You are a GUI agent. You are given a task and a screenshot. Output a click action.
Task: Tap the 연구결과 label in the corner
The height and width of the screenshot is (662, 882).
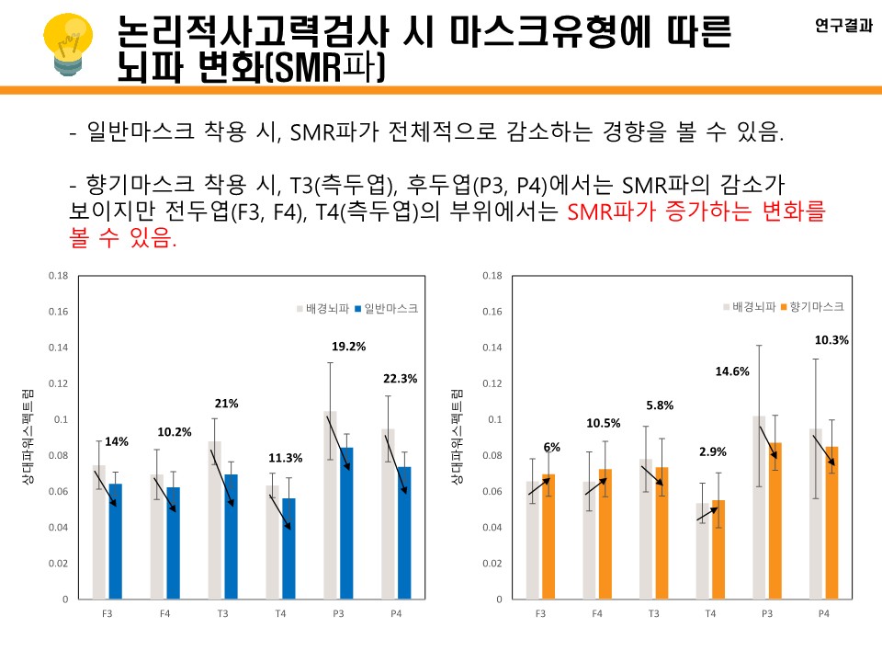843,27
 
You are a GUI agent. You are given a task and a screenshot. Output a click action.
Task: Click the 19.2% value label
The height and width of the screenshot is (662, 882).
349,347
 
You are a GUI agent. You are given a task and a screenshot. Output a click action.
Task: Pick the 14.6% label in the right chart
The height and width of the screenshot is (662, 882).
732,371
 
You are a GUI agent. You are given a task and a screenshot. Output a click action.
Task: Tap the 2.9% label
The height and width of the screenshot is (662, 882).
712,451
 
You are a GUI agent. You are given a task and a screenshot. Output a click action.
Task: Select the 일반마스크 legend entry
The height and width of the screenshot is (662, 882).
386,309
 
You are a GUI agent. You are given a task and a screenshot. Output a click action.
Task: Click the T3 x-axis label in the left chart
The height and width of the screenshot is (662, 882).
223,611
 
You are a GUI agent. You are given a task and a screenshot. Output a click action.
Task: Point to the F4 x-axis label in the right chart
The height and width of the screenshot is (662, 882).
597,611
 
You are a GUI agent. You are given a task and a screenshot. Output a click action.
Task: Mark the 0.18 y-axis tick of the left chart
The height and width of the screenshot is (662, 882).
59,276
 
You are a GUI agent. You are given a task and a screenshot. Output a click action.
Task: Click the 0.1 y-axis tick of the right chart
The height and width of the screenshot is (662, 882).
494,419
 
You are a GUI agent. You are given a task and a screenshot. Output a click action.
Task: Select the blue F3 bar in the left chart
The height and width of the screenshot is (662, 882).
115,541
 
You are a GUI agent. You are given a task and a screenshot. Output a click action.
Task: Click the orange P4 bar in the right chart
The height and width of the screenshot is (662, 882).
832,522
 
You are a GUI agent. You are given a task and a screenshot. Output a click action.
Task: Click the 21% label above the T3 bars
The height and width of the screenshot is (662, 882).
227,403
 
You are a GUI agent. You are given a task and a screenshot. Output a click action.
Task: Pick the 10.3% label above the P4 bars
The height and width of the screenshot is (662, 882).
831,340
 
